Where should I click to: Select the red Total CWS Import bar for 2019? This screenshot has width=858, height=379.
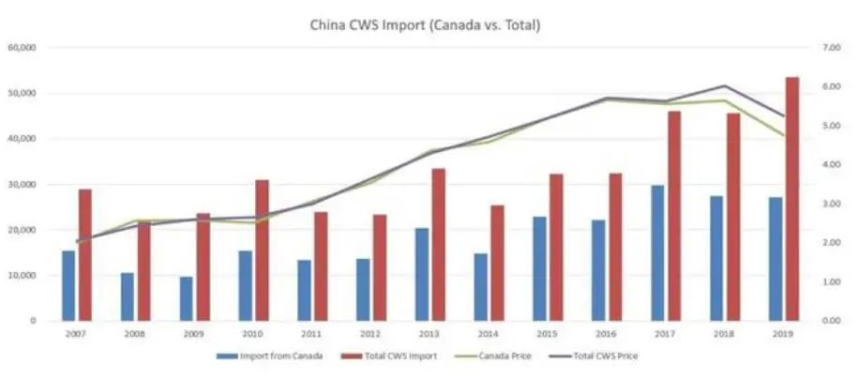792,199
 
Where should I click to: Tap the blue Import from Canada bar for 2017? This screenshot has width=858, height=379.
658,252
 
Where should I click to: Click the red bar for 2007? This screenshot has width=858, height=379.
85,254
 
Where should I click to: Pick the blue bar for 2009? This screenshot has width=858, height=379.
187,298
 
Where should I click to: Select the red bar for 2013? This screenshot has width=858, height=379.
438,244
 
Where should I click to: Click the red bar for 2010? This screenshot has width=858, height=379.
262,250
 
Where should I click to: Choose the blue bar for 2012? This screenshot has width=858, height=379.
364,289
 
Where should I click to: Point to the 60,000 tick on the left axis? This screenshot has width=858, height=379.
21,47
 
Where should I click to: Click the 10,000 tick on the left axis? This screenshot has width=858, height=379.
21,275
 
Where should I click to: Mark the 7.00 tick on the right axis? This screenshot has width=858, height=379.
833,47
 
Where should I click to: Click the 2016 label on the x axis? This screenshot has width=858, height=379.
606,333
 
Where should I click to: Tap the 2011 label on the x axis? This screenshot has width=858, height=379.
311,333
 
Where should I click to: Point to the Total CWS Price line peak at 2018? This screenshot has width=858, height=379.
723,86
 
